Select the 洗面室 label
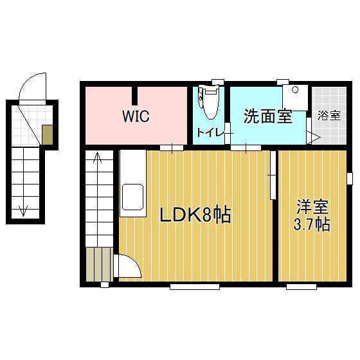(x=267, y=117)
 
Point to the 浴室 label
(x=330, y=116)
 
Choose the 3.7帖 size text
(x=312, y=225)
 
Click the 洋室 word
(x=312, y=208)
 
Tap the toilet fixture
(x=208, y=103)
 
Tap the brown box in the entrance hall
(x=48, y=134)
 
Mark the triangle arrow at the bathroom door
(x=314, y=136)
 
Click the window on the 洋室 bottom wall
(x=301, y=285)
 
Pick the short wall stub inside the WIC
(x=135, y=95)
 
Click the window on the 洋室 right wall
(x=350, y=178)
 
